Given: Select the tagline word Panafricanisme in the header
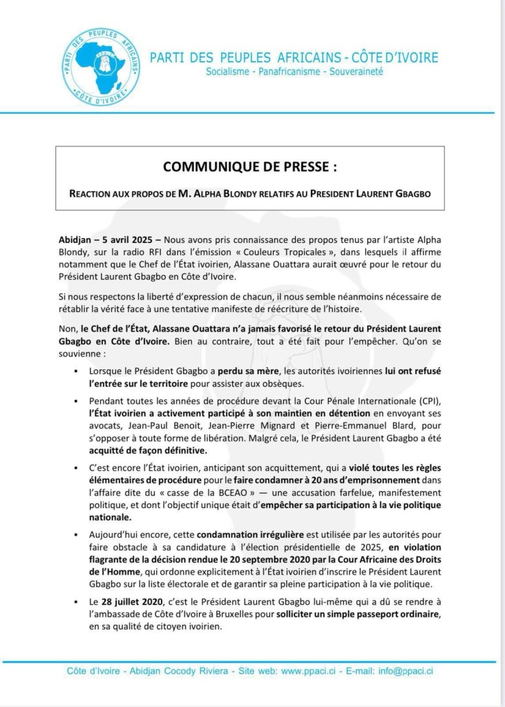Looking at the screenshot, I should [x=290, y=72].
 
